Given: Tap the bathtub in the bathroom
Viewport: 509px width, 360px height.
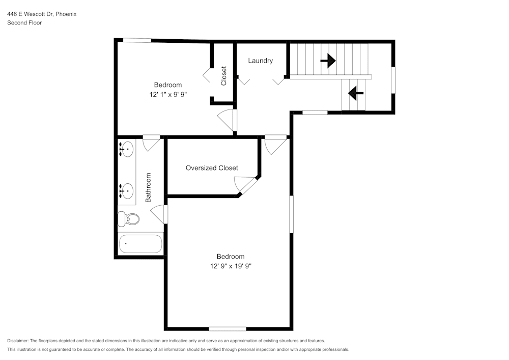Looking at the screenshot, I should pyautogui.click(x=140, y=244).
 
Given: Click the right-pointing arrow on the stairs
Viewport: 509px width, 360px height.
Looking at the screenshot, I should pyautogui.click(x=328, y=61).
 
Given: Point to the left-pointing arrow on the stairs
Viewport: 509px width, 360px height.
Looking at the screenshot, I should pyautogui.click(x=355, y=93).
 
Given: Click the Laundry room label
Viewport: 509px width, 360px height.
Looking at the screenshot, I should pyautogui.click(x=260, y=61).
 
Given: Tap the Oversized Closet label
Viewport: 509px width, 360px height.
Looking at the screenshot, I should pyautogui.click(x=212, y=168).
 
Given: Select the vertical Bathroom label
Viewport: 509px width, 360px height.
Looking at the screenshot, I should pyautogui.click(x=149, y=188).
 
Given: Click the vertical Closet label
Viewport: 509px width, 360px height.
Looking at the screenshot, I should pyautogui.click(x=223, y=75).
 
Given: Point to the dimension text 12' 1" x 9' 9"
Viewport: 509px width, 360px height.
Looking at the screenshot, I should pyautogui.click(x=168, y=94).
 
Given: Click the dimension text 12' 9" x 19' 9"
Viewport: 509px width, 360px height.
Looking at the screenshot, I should pyautogui.click(x=231, y=266).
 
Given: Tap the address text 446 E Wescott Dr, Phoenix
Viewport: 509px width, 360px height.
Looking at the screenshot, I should pyautogui.click(x=42, y=14).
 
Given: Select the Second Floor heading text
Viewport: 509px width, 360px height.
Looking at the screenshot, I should pyautogui.click(x=24, y=23).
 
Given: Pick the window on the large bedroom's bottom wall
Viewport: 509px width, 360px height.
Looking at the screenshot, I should pyautogui.click(x=228, y=328).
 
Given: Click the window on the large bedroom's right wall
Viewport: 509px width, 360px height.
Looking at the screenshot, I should pyautogui.click(x=291, y=214).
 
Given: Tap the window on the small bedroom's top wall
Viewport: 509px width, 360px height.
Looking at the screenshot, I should pyautogui.click(x=137, y=40).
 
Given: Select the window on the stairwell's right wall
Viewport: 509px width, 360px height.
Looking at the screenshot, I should pyautogui.click(x=393, y=80).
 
